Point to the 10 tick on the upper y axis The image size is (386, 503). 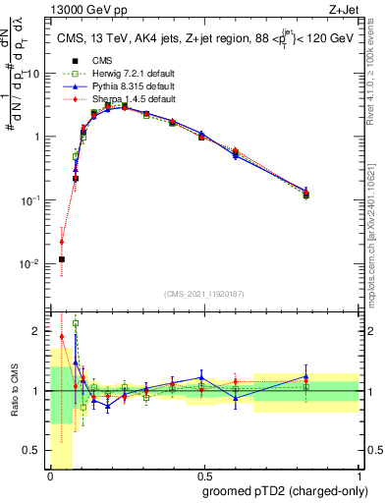tap(36, 74)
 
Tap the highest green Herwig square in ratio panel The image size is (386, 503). tap(76, 323)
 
